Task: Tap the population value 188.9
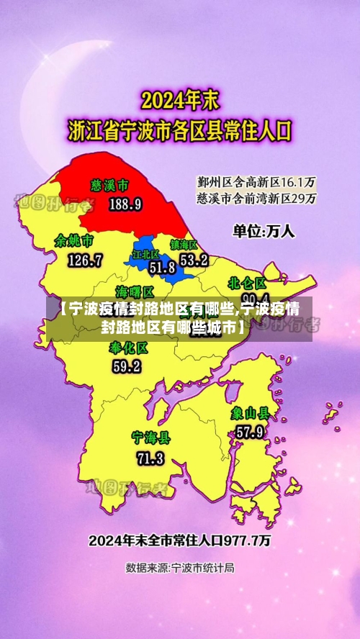tap(125, 204)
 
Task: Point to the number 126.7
tap(85, 260)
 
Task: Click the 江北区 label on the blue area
tap(145, 255)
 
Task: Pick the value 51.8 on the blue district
tap(162, 268)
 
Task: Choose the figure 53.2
tap(194, 259)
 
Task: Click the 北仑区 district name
tap(247, 282)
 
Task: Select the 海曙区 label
tap(135, 291)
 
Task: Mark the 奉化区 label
tap(129, 348)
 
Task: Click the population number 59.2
tap(127, 366)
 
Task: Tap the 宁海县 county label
tap(150, 438)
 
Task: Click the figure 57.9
tap(249, 432)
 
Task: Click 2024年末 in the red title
tap(180, 99)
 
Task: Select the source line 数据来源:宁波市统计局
tap(180, 568)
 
